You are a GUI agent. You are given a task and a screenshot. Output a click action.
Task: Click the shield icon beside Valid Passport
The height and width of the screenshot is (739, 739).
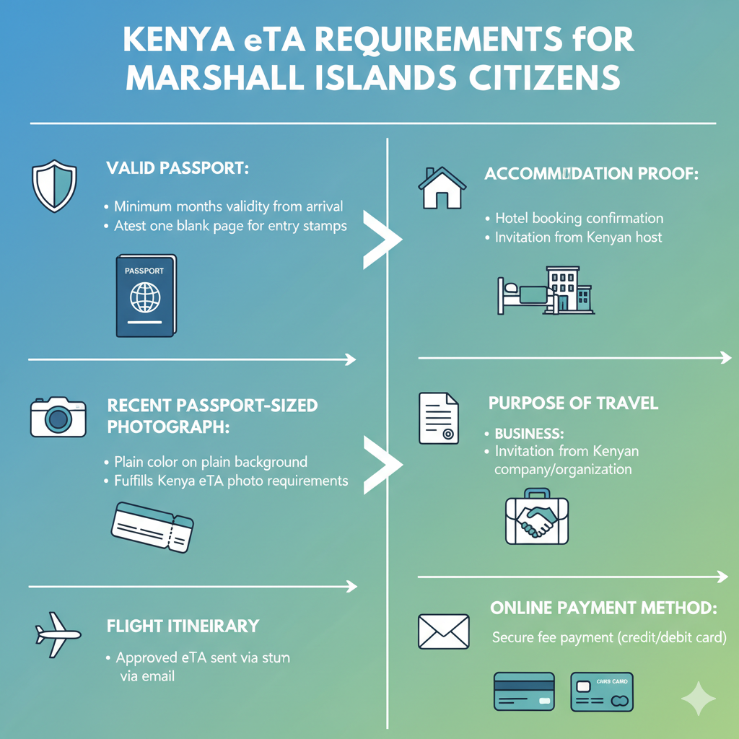tap(54, 185)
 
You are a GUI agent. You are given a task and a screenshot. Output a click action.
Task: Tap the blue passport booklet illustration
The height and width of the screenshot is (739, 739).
tap(145, 296)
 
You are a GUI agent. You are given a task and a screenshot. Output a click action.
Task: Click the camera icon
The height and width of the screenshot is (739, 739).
tap(58, 416)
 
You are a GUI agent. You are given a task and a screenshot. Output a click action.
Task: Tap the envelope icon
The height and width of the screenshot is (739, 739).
tap(444, 631)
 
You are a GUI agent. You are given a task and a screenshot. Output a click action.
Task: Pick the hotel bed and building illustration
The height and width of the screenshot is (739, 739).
tap(546, 290)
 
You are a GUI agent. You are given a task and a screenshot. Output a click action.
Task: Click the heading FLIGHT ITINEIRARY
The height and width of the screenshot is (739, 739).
tap(183, 626)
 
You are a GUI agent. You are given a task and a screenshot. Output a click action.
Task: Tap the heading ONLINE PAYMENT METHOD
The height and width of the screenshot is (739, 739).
tap(603, 608)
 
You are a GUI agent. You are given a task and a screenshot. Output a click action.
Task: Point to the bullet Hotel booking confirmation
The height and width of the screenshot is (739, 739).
tap(579, 218)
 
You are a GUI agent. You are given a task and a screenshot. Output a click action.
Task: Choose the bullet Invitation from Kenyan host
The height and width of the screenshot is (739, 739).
tap(578, 237)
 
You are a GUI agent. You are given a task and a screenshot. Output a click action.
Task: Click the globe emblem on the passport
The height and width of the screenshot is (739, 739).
tap(144, 297)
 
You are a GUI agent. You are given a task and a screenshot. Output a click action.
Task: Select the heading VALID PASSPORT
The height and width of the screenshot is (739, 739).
tap(177, 169)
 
